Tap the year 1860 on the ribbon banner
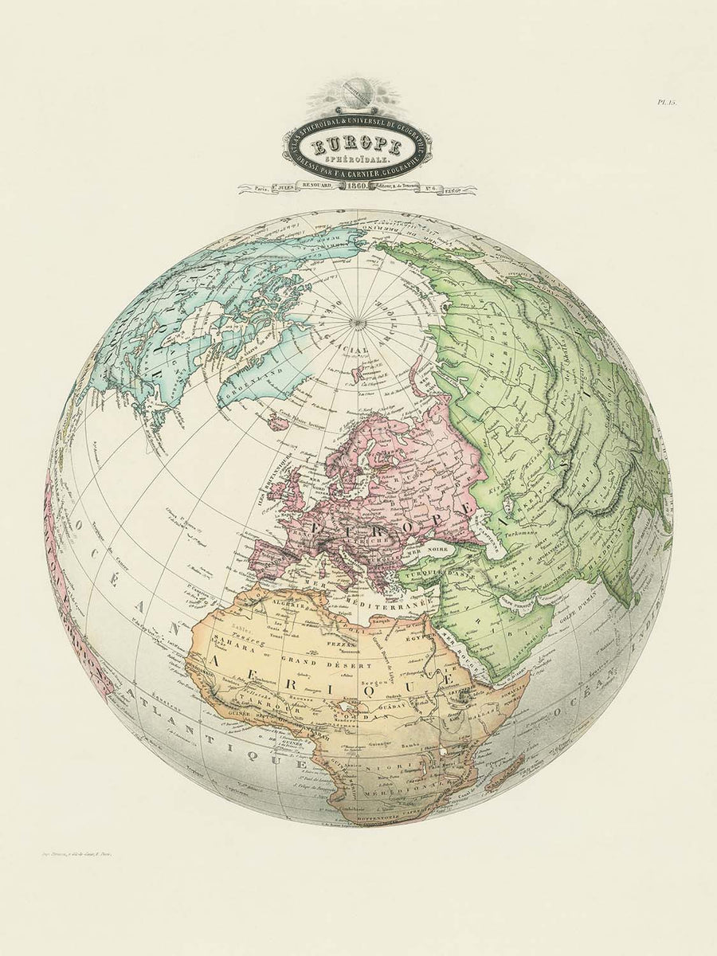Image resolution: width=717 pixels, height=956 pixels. click(357, 187)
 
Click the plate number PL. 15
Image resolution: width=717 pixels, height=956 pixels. click(666, 102)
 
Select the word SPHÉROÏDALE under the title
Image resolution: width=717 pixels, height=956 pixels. click(357, 160)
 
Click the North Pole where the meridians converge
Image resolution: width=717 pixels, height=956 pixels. click(354, 321)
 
